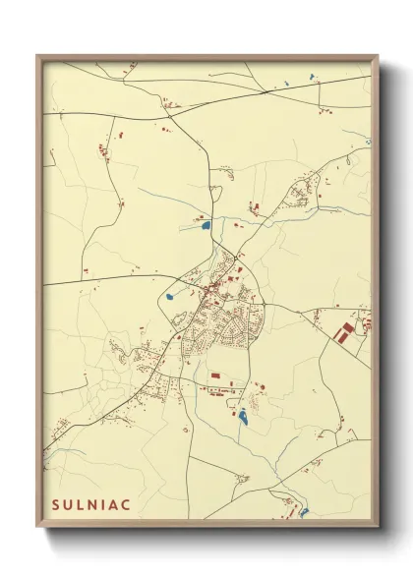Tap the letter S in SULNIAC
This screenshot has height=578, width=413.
(56, 503)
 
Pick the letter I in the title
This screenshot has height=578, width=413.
(104, 503)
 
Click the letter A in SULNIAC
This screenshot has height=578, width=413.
(115, 503)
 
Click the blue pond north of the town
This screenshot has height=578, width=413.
(206, 226)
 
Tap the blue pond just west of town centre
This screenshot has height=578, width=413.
(169, 295)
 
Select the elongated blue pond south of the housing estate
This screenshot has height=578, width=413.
(242, 417)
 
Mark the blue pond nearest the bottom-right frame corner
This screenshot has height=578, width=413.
(305, 510)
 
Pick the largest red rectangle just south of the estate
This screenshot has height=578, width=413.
(215, 376)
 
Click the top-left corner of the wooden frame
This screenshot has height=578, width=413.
(38, 56)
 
